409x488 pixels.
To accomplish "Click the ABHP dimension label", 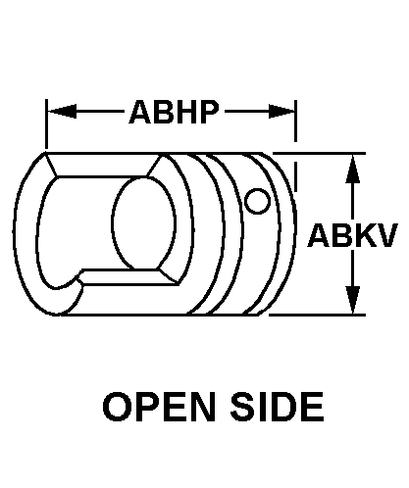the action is (174, 112).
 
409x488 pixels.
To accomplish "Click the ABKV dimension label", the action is (353, 235).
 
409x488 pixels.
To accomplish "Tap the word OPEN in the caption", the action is (159, 407).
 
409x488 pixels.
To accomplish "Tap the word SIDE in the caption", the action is (278, 407).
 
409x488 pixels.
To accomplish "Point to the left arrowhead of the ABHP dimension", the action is (62, 112).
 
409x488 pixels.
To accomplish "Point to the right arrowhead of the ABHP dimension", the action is (281, 112).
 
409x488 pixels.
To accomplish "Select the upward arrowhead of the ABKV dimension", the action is (353, 169).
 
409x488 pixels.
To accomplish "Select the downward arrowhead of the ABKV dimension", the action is (353, 300).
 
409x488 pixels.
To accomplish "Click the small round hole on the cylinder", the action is (258, 201).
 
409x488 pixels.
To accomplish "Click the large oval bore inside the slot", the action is (144, 223).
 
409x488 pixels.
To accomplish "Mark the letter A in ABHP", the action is (140, 112).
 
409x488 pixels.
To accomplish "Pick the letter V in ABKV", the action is (387, 235).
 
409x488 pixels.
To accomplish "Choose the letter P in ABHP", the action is (208, 112).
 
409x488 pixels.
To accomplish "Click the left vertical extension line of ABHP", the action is (46, 124).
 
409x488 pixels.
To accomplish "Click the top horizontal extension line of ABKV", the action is (319, 153).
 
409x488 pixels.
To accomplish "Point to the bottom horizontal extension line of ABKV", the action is (317, 315).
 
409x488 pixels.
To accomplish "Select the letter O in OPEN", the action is (116, 407).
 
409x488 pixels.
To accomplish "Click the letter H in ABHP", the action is (185, 112).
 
